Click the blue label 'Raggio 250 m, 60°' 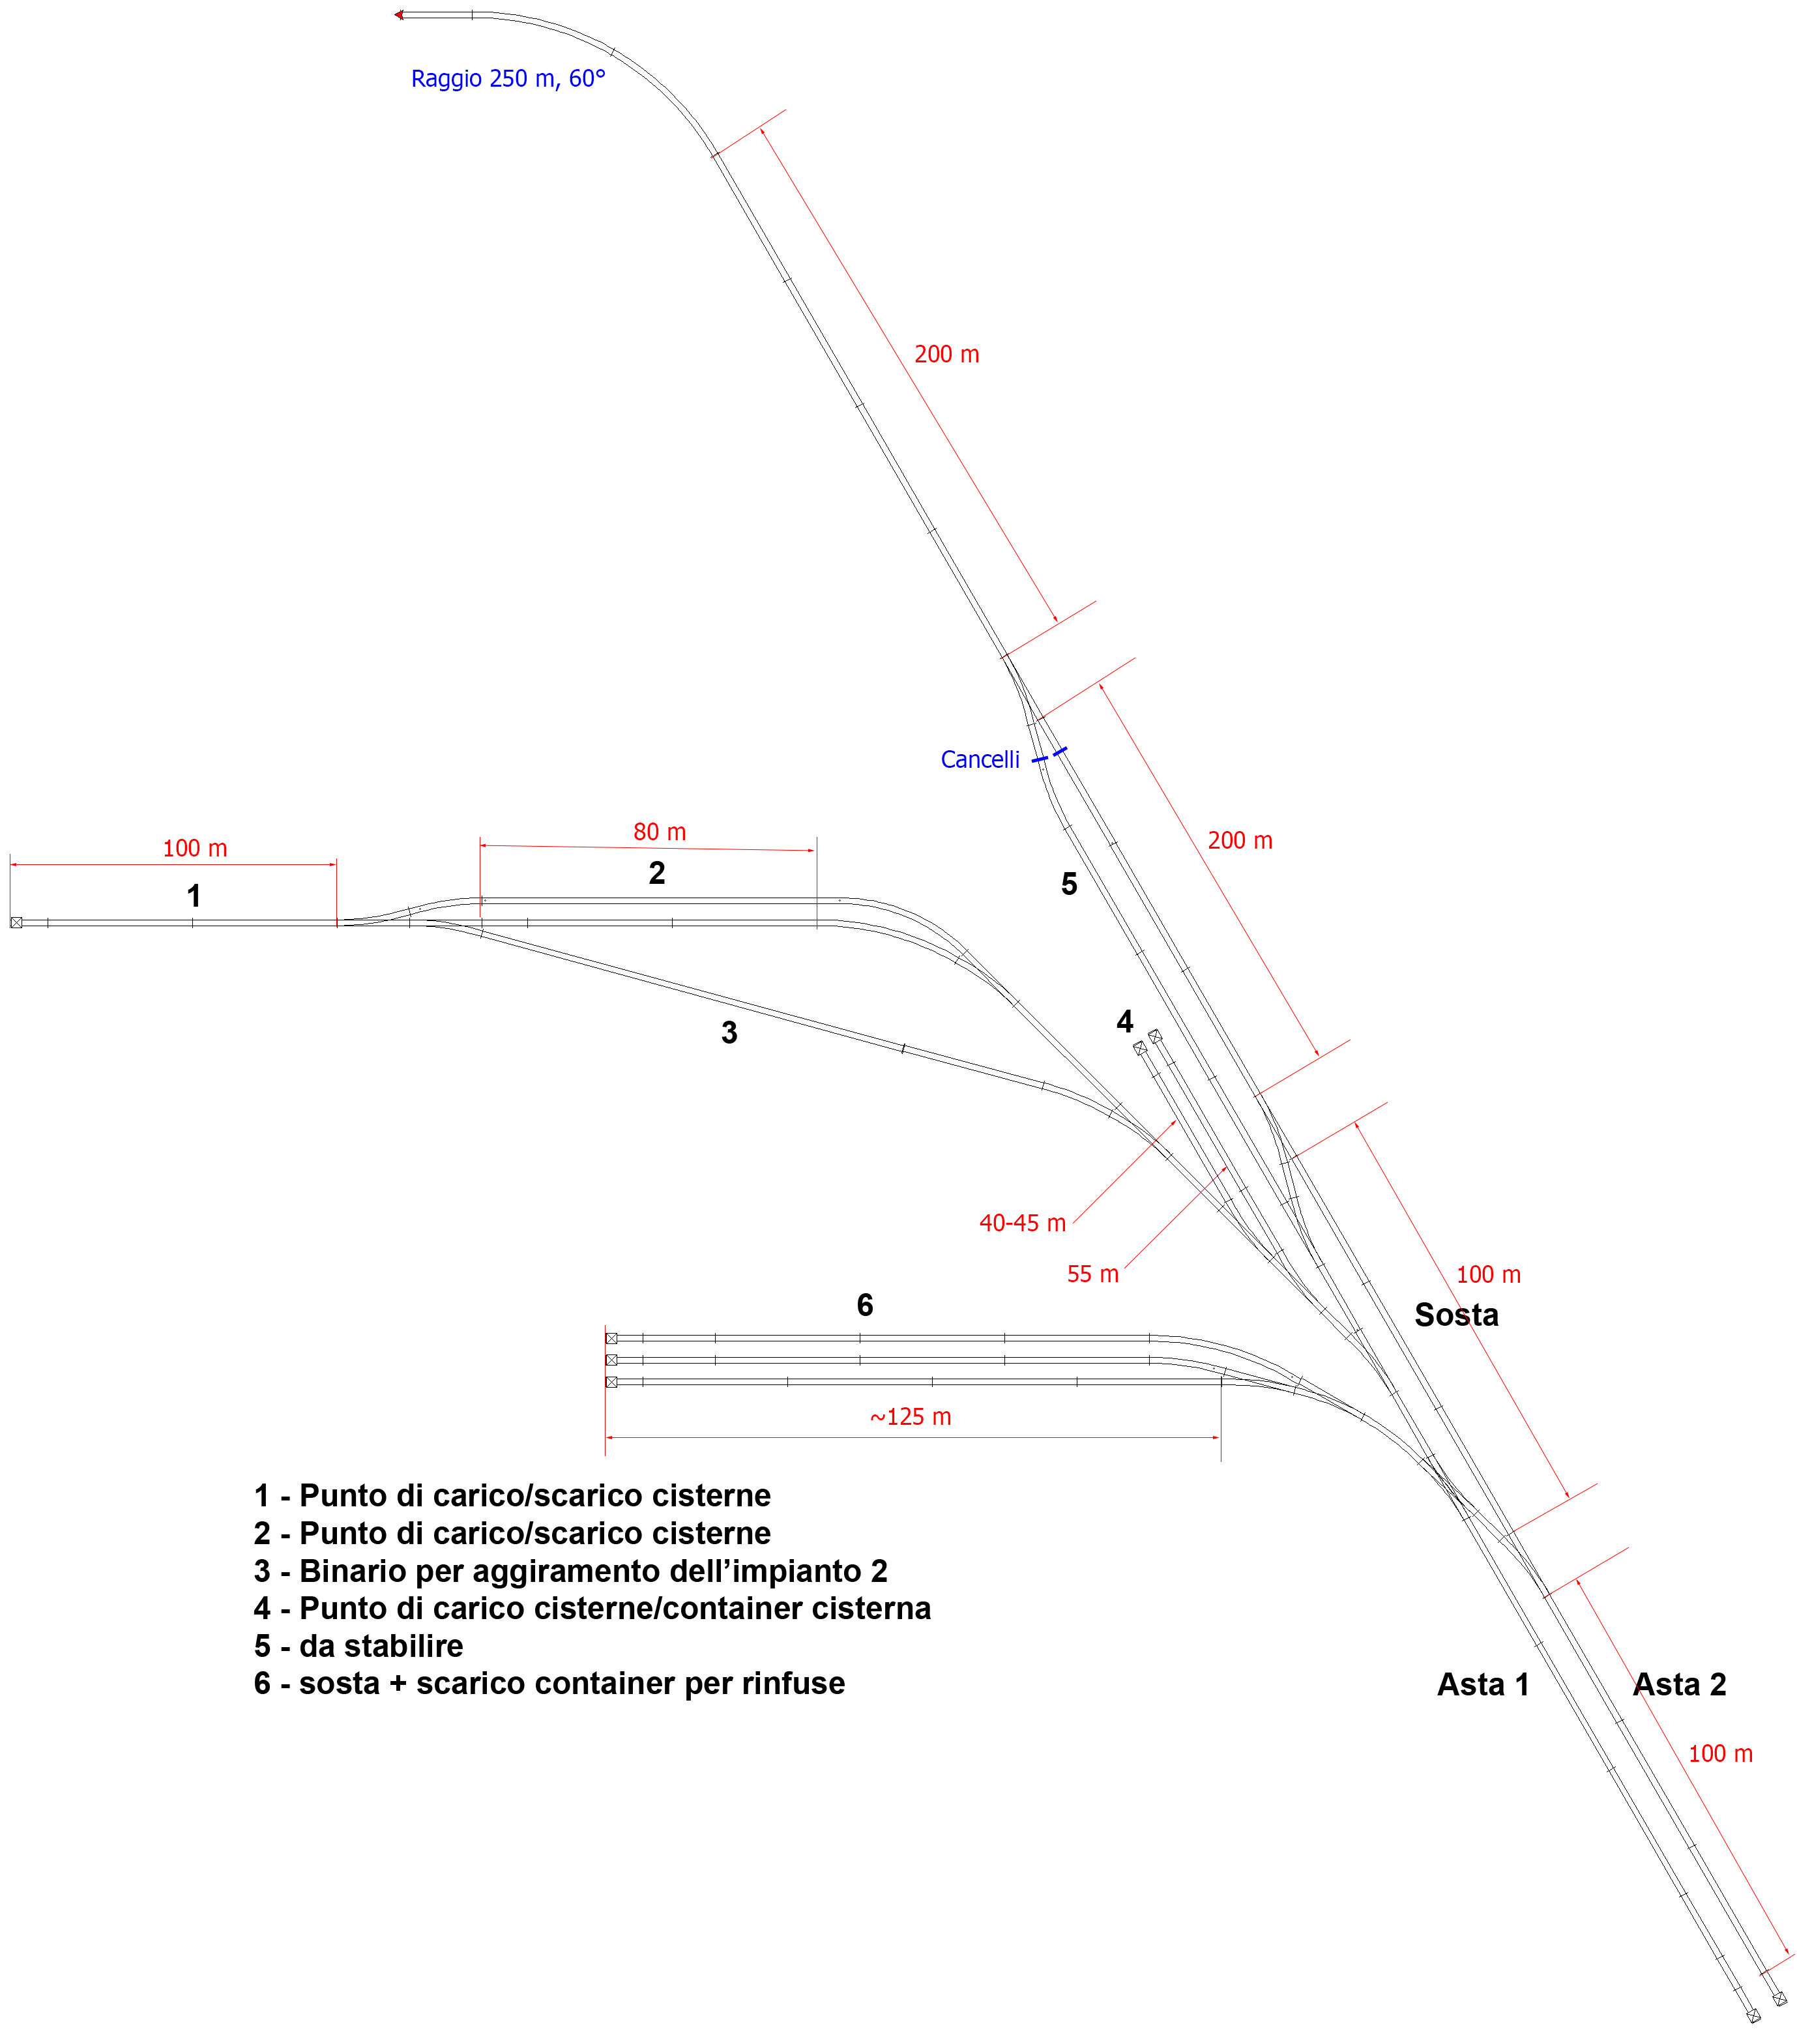(x=508, y=79)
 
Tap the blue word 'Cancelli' (x=980, y=760)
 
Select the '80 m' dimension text (x=660, y=832)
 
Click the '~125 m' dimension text (x=911, y=1416)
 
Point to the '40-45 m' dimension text (x=1022, y=1223)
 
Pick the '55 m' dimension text (x=1093, y=1274)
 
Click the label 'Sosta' (x=1456, y=1315)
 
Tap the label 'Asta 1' (x=1483, y=1685)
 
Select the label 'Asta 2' (x=1680, y=1685)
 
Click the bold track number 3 (x=729, y=1032)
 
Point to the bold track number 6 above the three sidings (x=865, y=1305)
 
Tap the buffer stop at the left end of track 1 (x=16, y=923)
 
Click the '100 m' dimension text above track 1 (x=195, y=849)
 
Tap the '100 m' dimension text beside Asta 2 (x=1721, y=1753)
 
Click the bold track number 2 (x=656, y=873)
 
